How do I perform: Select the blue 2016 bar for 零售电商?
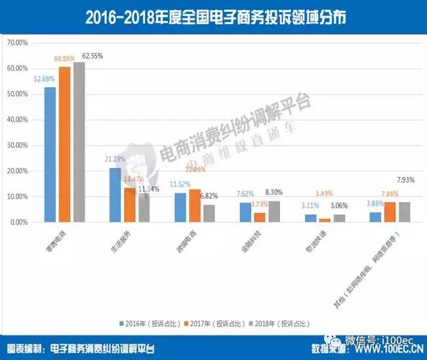point(50,155)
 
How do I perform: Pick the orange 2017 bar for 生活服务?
point(130,205)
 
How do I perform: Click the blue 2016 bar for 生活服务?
point(115,195)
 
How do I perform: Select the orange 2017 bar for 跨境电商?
point(195,206)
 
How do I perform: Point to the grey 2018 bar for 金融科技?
point(274,212)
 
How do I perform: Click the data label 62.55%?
point(93,56)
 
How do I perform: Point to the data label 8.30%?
point(275,192)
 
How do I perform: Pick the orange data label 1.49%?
point(326,193)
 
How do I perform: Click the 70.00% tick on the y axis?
point(17,43)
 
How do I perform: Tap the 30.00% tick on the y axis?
point(17,146)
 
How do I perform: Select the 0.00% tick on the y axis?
point(18,222)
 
